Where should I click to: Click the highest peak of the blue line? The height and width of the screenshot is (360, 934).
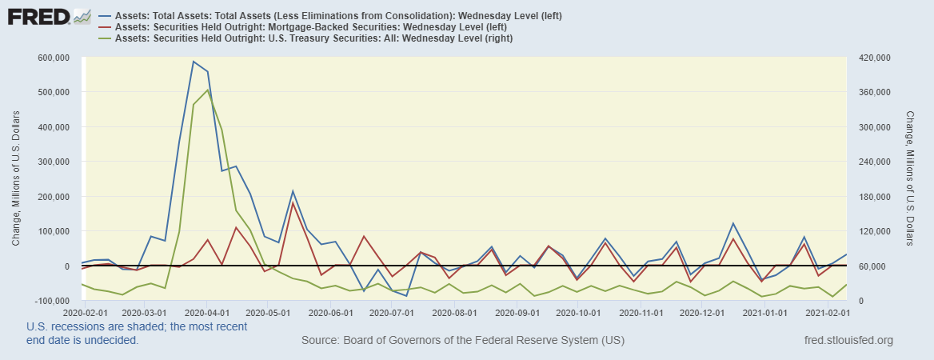193,61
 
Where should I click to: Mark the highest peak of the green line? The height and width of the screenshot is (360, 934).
208,90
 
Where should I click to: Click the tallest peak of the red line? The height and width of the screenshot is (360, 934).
293,202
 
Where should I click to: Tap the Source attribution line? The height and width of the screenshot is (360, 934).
462,341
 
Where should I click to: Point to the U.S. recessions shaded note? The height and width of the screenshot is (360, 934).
137,333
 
